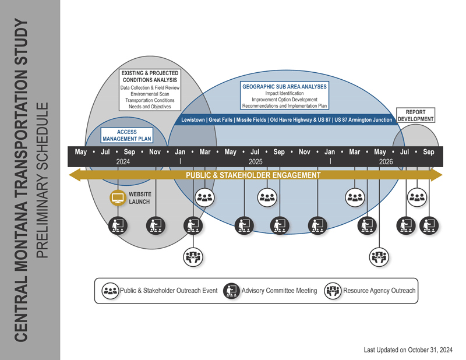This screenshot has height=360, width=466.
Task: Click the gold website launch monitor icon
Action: tap(118, 198)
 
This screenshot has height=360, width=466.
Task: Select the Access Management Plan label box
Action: tap(127, 136)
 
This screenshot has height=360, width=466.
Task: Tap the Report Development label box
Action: tap(416, 115)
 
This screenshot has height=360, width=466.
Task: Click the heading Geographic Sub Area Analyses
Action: tap(285, 86)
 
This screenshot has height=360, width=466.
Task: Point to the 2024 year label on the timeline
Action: tap(123, 161)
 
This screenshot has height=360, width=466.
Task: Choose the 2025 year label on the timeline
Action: tap(255, 161)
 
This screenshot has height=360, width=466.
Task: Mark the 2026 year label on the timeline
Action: tap(386, 161)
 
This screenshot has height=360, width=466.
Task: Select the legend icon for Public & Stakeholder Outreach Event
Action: tap(110, 291)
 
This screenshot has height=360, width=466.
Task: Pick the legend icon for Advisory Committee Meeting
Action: tap(231, 291)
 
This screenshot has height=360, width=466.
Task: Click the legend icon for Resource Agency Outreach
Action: tap(333, 291)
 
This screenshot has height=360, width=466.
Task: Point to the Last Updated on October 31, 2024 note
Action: tap(408, 350)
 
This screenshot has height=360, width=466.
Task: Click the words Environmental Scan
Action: tap(150, 94)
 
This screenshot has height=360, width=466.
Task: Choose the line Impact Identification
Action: tap(284, 93)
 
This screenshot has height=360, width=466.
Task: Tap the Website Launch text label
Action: tap(140, 198)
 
